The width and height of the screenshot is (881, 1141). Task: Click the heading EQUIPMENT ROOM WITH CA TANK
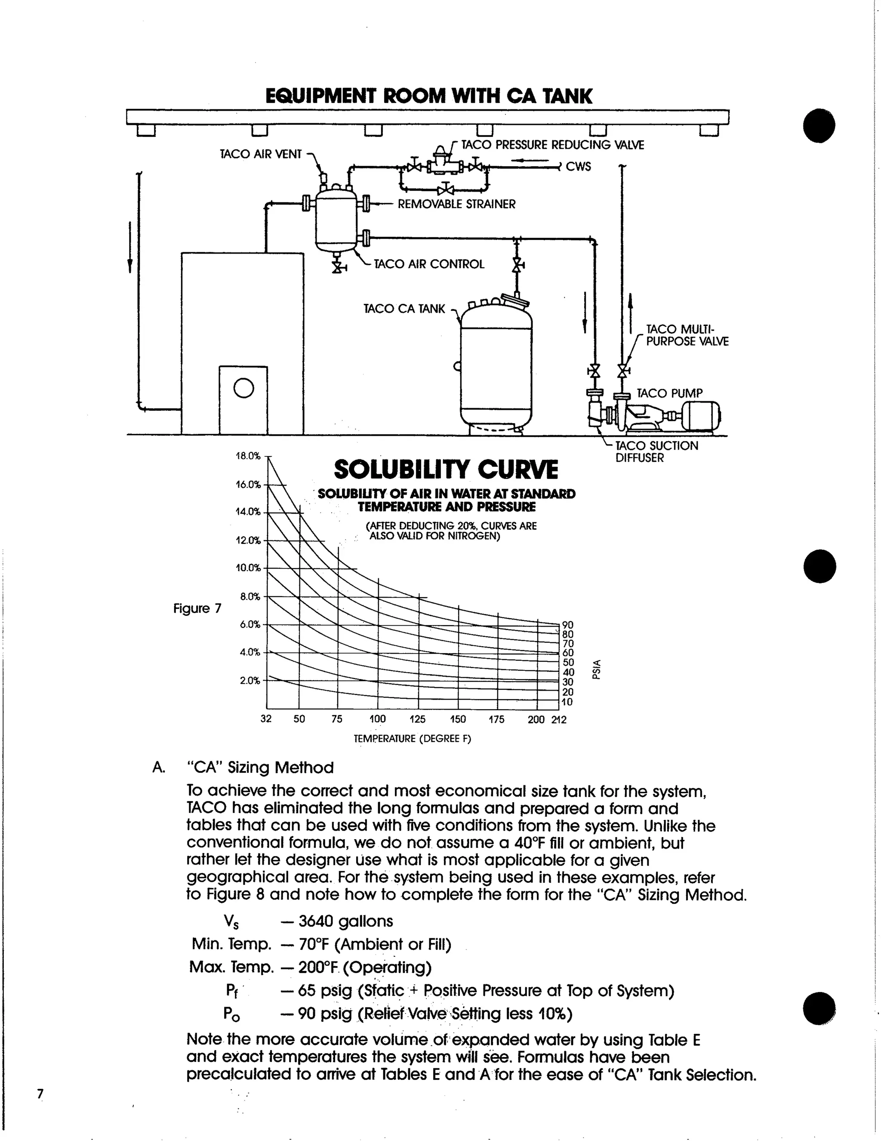point(428,96)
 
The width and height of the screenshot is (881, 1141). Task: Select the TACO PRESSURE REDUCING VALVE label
point(553,145)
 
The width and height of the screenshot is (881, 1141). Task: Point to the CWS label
point(578,167)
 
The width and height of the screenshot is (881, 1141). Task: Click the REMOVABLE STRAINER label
point(456,204)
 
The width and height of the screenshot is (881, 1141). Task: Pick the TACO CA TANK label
point(404,309)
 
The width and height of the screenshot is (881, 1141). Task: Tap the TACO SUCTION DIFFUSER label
point(656,452)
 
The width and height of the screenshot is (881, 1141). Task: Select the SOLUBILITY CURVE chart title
point(446,470)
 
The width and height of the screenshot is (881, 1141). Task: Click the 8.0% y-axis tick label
point(250,597)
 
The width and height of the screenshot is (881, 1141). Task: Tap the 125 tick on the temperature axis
point(418,719)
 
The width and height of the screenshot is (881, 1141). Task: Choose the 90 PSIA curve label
point(568,625)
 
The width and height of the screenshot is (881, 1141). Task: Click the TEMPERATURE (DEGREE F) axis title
point(412,739)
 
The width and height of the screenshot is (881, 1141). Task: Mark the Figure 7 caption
point(197,609)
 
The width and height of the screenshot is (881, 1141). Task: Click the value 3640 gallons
point(345,921)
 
